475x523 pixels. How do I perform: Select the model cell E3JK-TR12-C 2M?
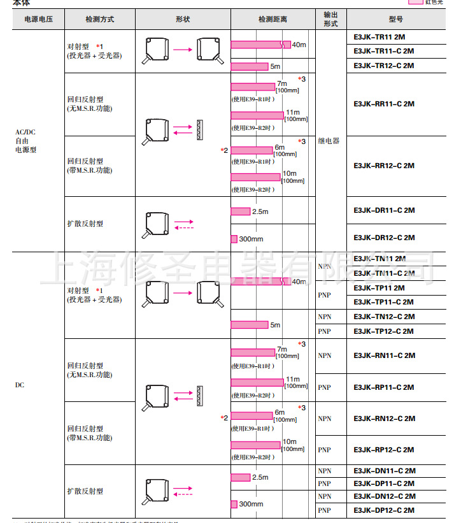[x=383, y=66]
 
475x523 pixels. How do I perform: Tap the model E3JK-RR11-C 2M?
[x=383, y=104]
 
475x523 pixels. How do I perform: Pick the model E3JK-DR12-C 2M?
[x=384, y=238]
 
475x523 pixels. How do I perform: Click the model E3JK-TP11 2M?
[x=379, y=287]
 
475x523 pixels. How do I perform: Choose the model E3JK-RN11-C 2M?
[x=384, y=355]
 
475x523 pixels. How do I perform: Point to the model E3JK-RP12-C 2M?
[x=384, y=450]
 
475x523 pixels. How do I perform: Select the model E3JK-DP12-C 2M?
[x=384, y=510]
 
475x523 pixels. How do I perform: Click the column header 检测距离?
[x=273, y=19]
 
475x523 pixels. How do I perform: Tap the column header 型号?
[x=395, y=19]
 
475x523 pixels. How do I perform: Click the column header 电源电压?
[x=38, y=19]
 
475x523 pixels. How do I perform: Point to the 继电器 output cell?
[x=329, y=141]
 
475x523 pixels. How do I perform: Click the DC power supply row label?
[x=19, y=385]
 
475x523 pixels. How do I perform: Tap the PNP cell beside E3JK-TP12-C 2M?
[x=325, y=331]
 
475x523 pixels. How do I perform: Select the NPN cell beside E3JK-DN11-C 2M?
[x=325, y=471]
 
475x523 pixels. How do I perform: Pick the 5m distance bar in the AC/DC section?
[x=250, y=66]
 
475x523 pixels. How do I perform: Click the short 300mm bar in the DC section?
[x=234, y=504]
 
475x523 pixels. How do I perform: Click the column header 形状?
[x=183, y=19]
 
